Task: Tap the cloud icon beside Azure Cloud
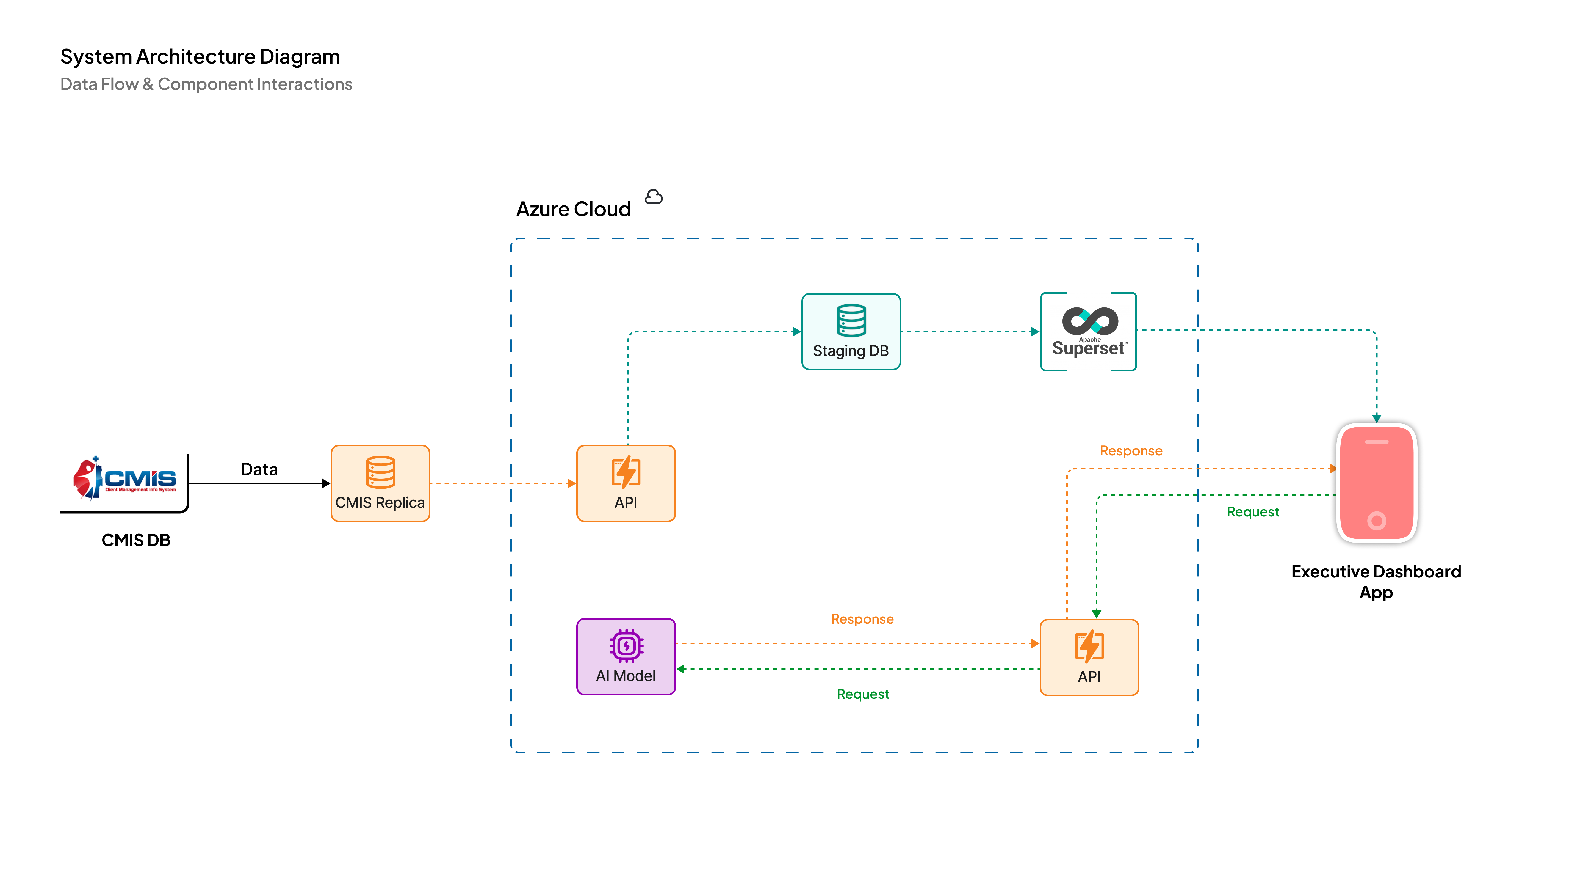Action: (x=654, y=197)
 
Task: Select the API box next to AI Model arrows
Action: (x=1089, y=657)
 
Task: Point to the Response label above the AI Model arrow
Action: (x=862, y=619)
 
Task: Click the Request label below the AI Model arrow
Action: (x=863, y=694)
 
